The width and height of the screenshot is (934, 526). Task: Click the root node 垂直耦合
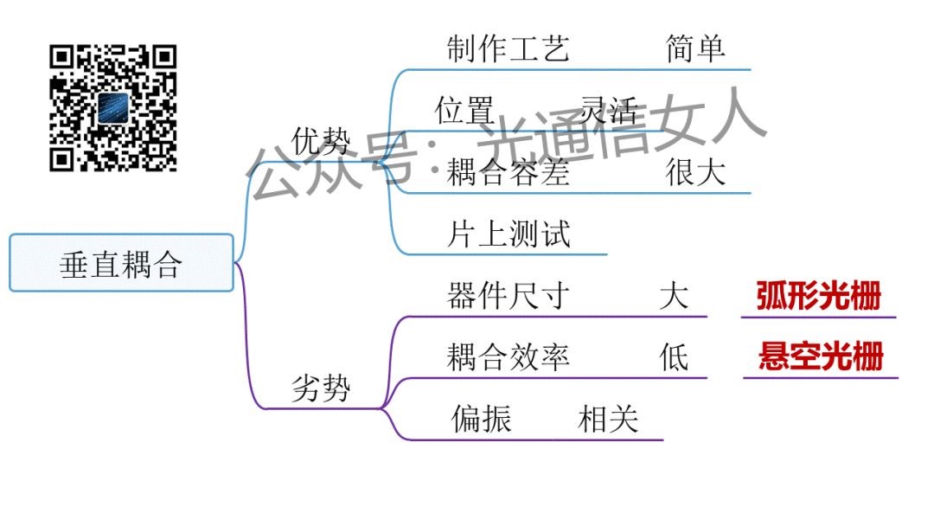(121, 263)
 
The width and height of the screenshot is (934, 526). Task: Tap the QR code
(113, 108)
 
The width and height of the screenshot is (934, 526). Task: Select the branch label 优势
(322, 139)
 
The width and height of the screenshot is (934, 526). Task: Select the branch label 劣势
(321, 388)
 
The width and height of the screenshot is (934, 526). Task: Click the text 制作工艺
(509, 48)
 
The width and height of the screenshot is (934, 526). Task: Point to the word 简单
(695, 48)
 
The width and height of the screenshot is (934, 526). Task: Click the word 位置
(464, 111)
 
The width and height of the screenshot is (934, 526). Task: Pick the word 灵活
(609, 111)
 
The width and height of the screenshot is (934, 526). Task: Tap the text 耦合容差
(509, 173)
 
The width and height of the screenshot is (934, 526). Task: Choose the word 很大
(695, 173)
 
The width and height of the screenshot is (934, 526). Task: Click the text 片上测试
(509, 234)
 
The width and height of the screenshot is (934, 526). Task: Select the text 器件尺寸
(509, 296)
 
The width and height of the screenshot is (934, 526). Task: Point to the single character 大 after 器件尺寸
(674, 296)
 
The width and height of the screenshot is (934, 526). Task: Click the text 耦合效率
(509, 357)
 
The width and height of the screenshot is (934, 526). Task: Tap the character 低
(674, 357)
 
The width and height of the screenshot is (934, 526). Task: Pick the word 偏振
(482, 419)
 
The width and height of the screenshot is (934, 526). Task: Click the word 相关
(608, 419)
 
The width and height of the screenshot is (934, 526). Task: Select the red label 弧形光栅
(818, 296)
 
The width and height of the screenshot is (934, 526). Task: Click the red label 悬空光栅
(821, 356)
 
